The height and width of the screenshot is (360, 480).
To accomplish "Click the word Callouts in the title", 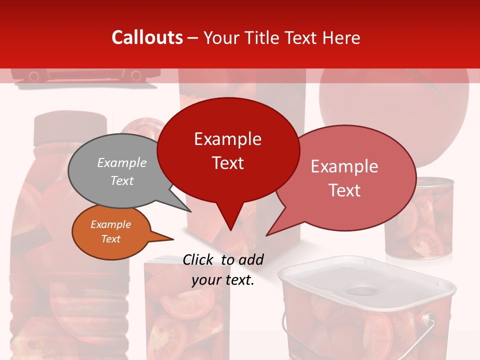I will coord(147,37).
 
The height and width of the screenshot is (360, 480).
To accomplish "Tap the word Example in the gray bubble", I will coord(122,163).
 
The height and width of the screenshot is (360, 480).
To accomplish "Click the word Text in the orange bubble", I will coord(111,239).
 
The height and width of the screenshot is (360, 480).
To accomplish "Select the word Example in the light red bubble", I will coord(344,166).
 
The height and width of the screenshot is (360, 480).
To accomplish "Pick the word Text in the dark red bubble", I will coord(228,163).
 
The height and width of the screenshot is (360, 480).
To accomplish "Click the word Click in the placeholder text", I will coord(199,259).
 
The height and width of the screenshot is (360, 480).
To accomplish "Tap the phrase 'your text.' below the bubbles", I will coord(223,280).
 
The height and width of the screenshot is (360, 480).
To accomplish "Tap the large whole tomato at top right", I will coord(395,100).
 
